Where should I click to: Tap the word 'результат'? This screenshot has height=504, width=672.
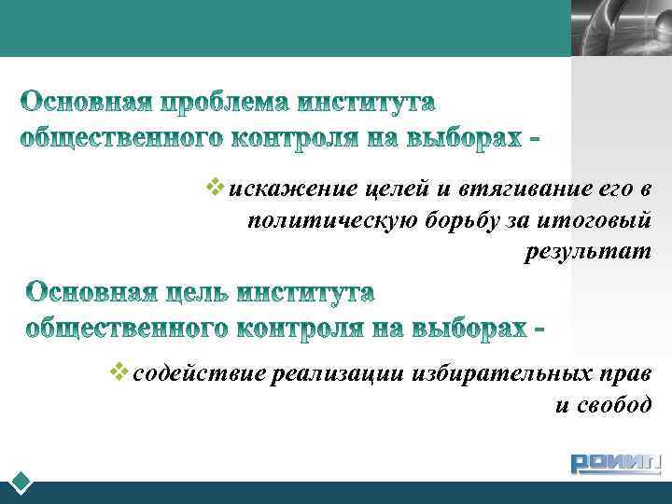(x=587, y=251)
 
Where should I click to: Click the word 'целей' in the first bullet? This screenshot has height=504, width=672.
(x=398, y=189)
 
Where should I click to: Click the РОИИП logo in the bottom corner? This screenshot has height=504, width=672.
(x=616, y=463)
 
